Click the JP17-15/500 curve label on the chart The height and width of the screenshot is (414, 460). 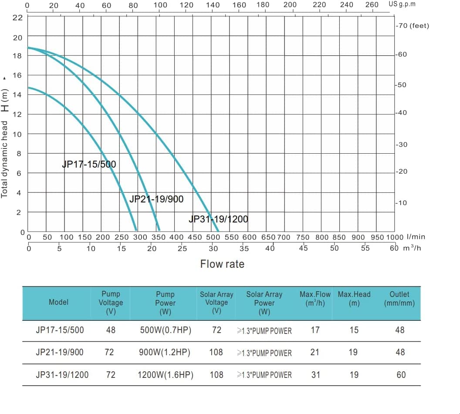[x=89, y=165]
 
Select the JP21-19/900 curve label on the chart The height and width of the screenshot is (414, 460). [x=156, y=199]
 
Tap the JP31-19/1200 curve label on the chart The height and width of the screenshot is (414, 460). [x=218, y=219]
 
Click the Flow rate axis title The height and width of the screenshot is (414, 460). [x=222, y=264]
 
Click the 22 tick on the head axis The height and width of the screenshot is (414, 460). [x=17, y=18]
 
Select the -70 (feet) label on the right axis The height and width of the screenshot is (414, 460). [x=412, y=26]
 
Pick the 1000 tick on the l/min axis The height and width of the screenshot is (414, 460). [x=395, y=237]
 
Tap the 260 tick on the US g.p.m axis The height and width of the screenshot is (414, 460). [x=372, y=5]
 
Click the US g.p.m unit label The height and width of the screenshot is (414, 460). [x=402, y=4]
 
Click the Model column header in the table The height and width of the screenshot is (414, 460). [x=58, y=302]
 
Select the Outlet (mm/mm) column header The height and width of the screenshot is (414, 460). [x=399, y=299]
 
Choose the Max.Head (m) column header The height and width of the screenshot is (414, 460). [x=354, y=299]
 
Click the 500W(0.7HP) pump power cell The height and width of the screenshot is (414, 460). [x=165, y=330]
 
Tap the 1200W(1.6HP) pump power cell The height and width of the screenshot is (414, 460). [x=165, y=375]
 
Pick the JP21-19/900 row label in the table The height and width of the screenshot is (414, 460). [x=59, y=352]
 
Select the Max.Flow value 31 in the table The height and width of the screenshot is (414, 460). [x=315, y=375]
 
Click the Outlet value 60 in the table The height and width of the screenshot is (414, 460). [x=401, y=375]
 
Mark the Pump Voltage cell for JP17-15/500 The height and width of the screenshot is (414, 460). [x=111, y=330]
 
